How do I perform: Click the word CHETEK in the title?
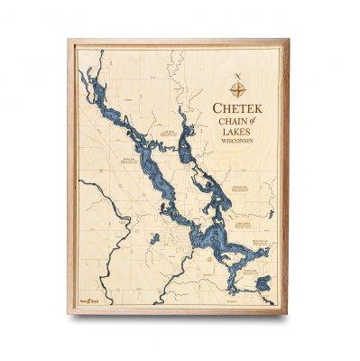pyautogui.click(x=239, y=109)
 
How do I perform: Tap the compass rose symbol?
pyautogui.click(x=239, y=88)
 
